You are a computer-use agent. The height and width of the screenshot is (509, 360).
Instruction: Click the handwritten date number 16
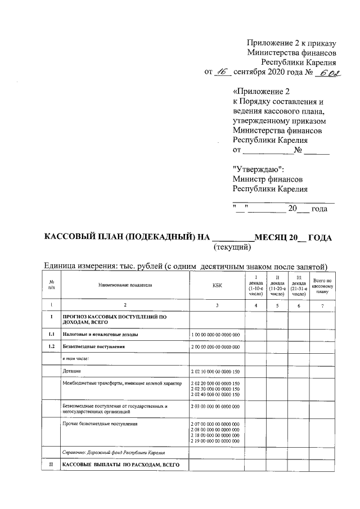(x=223, y=71)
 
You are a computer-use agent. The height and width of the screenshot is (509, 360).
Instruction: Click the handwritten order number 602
(x=325, y=72)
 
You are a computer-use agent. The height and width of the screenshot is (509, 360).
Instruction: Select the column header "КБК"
(x=217, y=285)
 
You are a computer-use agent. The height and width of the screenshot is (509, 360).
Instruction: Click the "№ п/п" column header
(x=51, y=285)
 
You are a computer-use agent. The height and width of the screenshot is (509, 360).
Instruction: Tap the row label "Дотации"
(x=71, y=372)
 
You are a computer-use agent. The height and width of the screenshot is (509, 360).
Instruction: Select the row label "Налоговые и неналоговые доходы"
(x=101, y=335)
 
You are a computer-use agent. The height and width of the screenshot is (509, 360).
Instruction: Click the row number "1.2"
(x=51, y=346)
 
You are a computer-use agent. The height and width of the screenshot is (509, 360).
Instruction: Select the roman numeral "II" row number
(x=51, y=464)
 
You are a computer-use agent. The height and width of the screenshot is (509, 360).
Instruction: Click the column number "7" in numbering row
(x=322, y=305)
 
